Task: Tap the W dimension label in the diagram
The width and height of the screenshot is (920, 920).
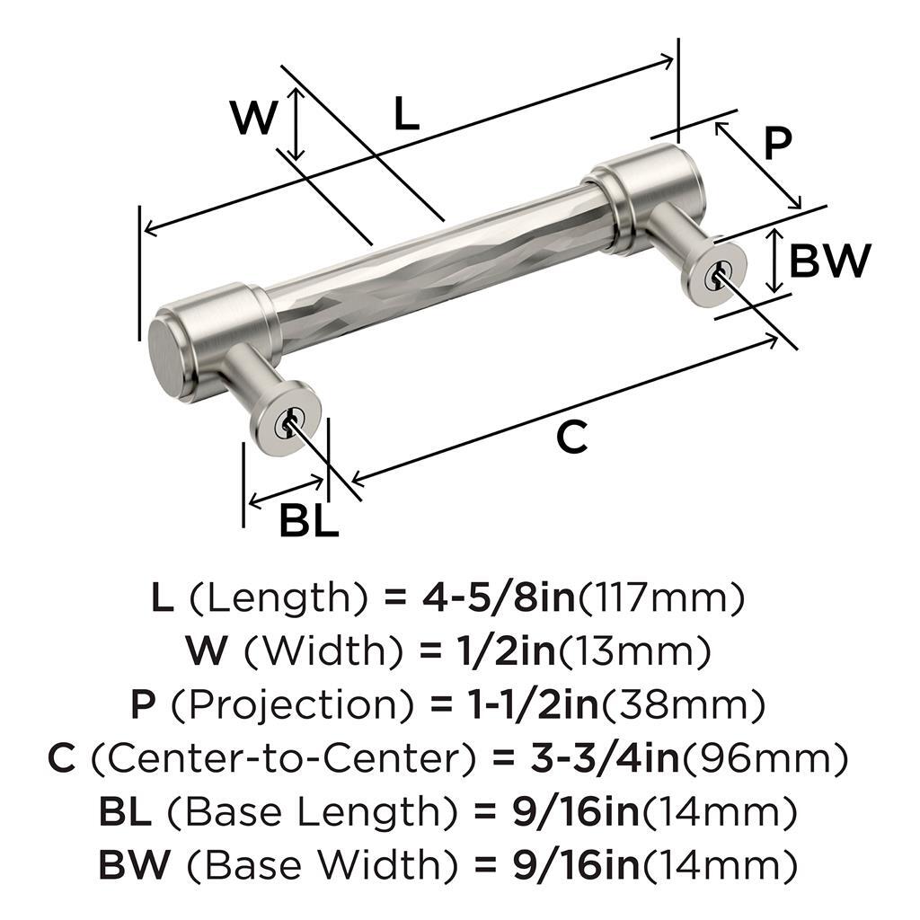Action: (x=253, y=118)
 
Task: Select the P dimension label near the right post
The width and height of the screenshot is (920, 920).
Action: (x=778, y=143)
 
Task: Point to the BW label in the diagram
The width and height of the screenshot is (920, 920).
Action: (x=829, y=261)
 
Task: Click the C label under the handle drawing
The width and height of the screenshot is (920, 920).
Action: (x=571, y=437)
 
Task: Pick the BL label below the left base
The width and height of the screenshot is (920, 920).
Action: (x=309, y=520)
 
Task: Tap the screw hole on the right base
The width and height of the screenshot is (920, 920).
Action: (x=716, y=275)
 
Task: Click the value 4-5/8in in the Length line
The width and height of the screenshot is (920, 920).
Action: (x=498, y=597)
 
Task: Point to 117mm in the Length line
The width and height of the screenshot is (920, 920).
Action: (x=662, y=598)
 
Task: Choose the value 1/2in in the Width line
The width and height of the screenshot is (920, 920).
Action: (x=505, y=651)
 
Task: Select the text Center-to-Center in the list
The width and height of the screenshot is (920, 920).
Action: (x=281, y=758)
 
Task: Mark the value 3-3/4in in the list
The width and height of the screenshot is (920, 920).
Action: (x=605, y=758)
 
